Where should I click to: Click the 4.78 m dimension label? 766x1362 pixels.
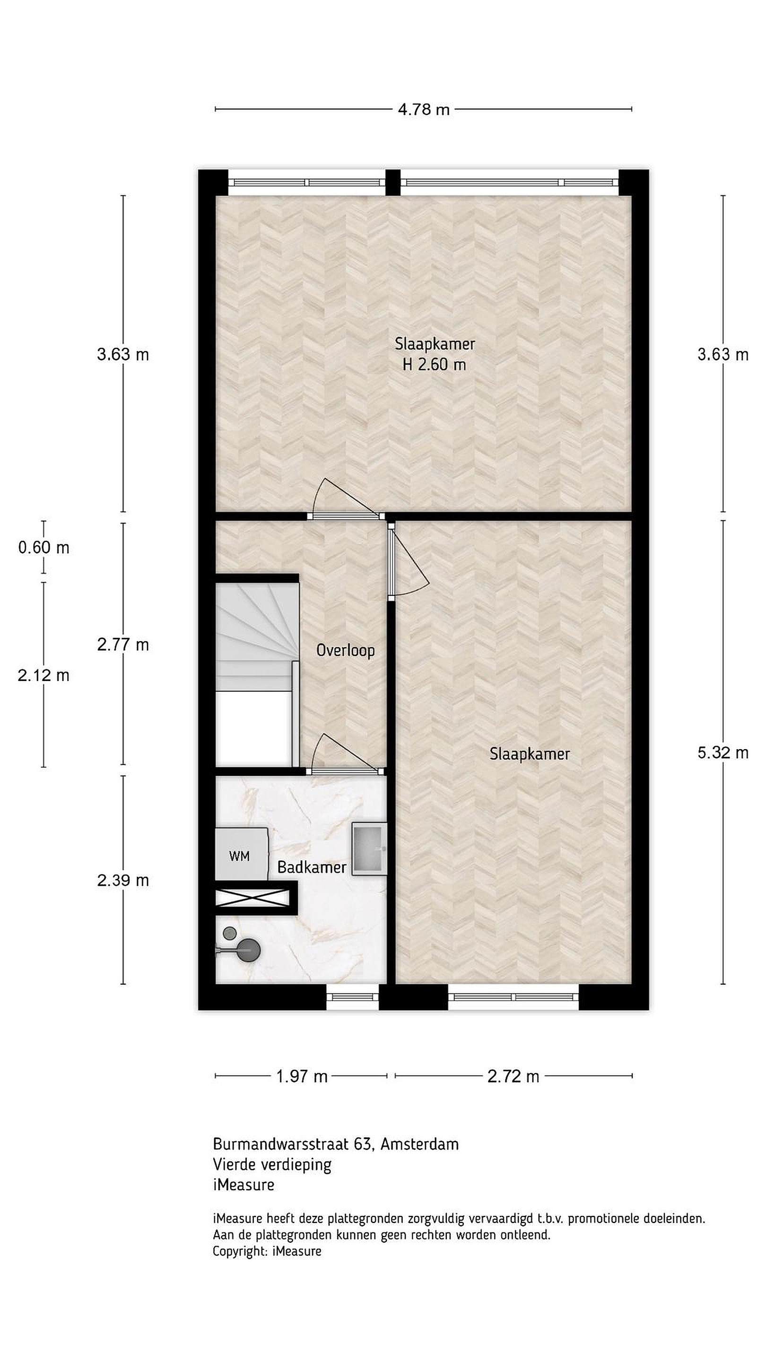424,109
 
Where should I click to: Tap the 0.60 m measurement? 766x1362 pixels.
44,547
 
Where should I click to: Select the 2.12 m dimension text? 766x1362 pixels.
44,675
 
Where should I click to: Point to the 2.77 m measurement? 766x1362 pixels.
123,645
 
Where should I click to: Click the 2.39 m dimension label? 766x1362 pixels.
123,880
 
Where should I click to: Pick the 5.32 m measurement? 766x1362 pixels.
722,752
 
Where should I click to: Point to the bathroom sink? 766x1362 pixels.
369,848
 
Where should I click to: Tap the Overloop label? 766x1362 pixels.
346,650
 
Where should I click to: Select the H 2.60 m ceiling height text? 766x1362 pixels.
435,364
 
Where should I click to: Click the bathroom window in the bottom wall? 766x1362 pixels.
353,997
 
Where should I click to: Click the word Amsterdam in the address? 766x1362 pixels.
420,1144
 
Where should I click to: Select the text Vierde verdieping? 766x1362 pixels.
272,1164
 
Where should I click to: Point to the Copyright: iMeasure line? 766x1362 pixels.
267,1251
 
